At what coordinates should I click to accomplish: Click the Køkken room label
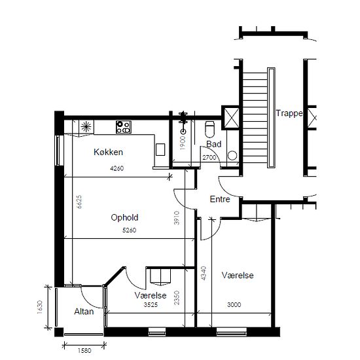(108, 152)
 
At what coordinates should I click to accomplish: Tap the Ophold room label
(124, 217)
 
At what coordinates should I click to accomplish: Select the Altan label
(84, 312)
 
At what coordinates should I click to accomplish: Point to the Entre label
(220, 199)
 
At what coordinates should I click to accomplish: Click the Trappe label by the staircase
(289, 113)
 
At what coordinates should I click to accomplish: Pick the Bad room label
(214, 144)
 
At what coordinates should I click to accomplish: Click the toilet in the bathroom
(209, 129)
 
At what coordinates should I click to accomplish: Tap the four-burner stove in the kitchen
(124, 127)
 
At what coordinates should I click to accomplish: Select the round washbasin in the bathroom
(232, 155)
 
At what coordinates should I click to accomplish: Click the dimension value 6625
(79, 202)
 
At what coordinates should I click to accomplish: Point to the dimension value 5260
(129, 230)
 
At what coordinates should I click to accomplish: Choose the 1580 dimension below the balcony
(84, 351)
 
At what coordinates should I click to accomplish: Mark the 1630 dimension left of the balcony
(40, 307)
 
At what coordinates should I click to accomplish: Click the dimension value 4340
(204, 273)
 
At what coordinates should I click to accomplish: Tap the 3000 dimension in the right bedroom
(234, 304)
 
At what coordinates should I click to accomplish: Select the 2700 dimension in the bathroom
(209, 158)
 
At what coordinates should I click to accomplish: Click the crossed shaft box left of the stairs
(231, 118)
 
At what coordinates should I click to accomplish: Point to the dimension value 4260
(117, 168)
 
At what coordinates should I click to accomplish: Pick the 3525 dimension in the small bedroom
(151, 304)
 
